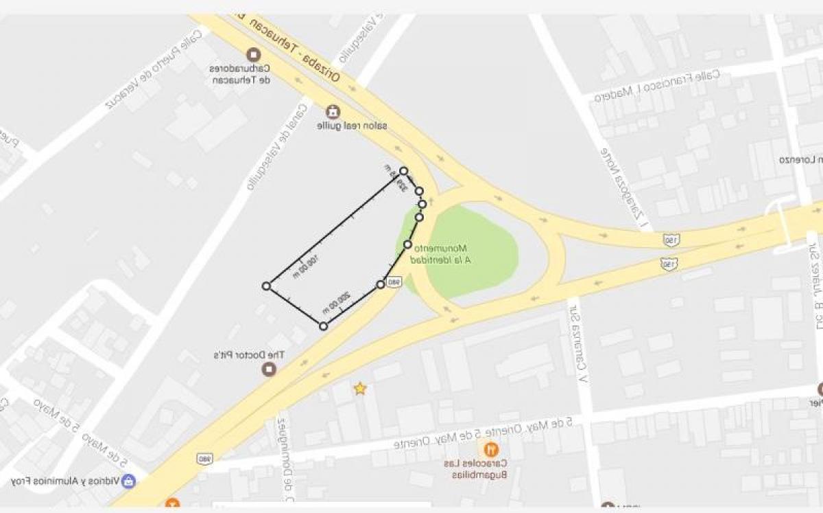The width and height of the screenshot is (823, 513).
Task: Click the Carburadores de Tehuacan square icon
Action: (254, 54)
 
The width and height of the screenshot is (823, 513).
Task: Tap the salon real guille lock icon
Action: (333, 111)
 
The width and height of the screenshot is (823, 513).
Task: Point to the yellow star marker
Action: (359, 389)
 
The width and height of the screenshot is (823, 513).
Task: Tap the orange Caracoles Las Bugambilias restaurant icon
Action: (491, 451)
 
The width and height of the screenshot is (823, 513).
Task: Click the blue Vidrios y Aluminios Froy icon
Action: (128, 481)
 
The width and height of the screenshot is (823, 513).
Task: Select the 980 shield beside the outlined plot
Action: (394, 282)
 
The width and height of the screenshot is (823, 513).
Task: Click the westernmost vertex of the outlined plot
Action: (266, 286)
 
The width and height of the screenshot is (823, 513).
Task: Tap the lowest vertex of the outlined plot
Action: (323, 326)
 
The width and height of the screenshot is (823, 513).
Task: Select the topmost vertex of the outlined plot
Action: (403, 171)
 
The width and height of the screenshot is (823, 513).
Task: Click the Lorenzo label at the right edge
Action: (802, 160)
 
